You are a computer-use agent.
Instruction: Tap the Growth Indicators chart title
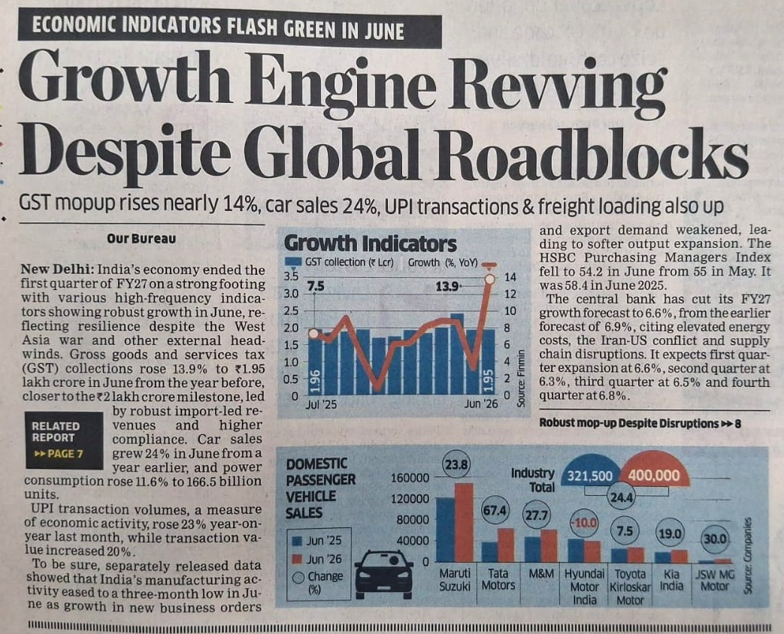point(370,244)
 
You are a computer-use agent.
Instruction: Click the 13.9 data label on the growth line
point(446,286)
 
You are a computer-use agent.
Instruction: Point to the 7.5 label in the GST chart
point(316,286)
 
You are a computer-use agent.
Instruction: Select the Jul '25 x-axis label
point(321,403)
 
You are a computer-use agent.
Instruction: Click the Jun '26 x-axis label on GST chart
point(481,403)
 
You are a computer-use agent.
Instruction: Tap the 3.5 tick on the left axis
point(291,276)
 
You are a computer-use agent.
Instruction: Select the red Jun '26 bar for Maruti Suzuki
point(464,522)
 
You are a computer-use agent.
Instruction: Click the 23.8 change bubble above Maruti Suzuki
point(456,465)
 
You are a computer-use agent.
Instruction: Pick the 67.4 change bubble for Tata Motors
point(494,511)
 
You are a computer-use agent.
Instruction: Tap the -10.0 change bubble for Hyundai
point(584,523)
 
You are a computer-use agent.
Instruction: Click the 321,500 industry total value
point(590,475)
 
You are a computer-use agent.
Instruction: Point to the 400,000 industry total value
point(654,475)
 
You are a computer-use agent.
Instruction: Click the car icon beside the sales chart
point(383,574)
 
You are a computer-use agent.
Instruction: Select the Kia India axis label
point(671,580)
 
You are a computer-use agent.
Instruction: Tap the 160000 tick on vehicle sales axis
point(410,478)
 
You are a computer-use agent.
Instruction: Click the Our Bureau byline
point(141,238)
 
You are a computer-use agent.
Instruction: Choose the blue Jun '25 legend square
point(298,541)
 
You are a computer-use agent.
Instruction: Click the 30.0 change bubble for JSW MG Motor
point(715,539)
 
